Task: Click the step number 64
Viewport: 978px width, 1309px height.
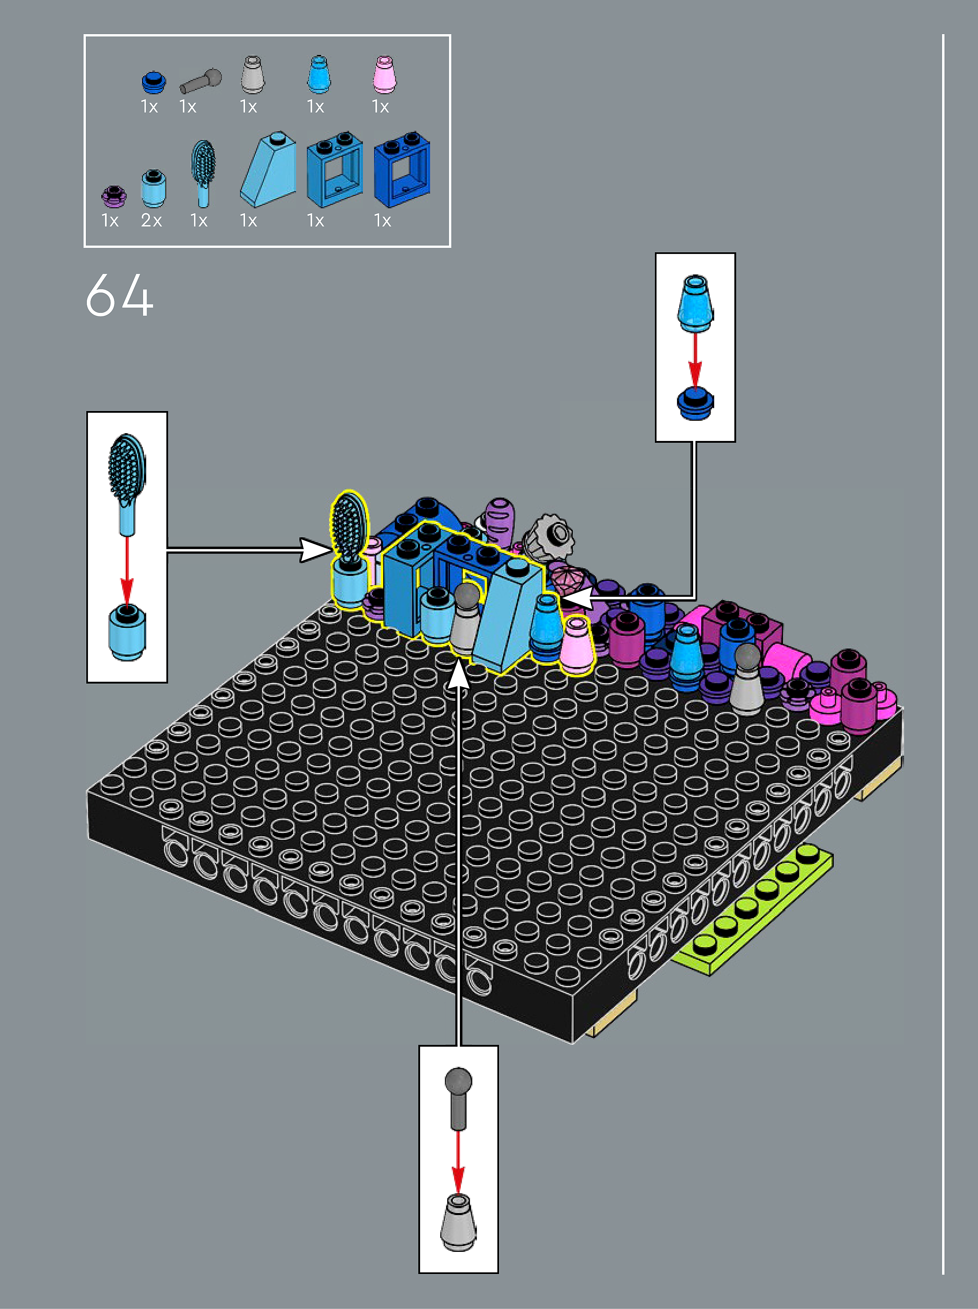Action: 119,295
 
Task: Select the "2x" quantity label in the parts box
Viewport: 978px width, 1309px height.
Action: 151,220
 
